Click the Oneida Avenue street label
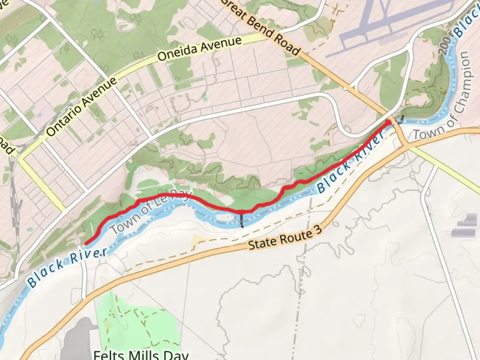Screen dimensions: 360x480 pos(199,49)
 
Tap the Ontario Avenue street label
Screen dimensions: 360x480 pos(81,107)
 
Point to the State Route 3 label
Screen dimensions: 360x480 pos(285,237)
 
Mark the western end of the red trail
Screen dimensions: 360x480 pos(86,243)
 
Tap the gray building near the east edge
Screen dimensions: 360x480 pos(465,227)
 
